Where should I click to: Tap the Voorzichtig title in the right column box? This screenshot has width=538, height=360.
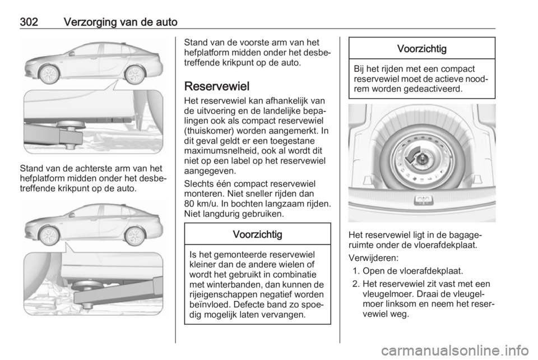[421, 49]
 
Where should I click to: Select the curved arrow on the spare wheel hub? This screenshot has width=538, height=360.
[416, 158]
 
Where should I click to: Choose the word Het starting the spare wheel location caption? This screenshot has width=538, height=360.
[355, 235]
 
